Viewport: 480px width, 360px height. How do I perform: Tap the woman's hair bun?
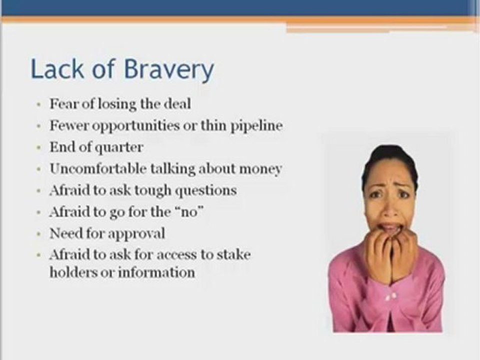click(x=389, y=150)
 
